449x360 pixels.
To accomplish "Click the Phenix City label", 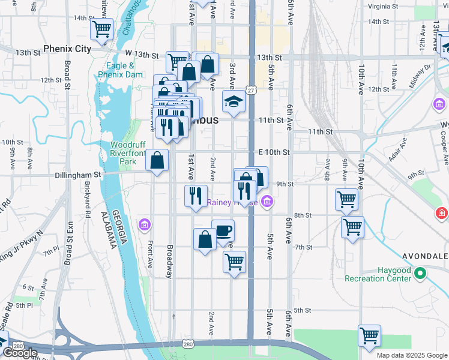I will (x=67, y=48).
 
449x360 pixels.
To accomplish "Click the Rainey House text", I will (x=232, y=202).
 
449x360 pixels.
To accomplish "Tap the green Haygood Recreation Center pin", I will (x=420, y=274).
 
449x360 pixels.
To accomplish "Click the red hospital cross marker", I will (x=442, y=213).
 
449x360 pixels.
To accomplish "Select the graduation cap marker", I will (x=234, y=102).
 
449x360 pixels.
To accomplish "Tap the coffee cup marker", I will (x=223, y=231).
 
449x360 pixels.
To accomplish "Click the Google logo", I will (x=19, y=353).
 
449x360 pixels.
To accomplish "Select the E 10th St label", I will (x=274, y=152).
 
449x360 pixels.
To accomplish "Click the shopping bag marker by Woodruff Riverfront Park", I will (x=157, y=161).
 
